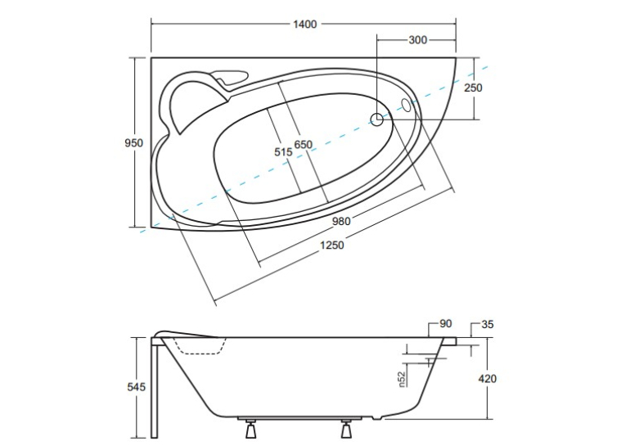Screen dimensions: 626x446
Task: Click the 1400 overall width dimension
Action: (305, 25)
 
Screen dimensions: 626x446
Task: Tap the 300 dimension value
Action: (417, 40)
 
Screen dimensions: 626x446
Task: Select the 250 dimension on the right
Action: (473, 88)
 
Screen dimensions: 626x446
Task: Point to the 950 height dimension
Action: (133, 142)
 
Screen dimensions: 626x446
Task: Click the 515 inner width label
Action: (283, 151)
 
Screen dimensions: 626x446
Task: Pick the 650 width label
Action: (304, 144)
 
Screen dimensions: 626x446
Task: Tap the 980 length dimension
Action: (341, 221)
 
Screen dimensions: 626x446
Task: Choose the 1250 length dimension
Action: (331, 245)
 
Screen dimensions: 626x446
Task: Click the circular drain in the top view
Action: (377, 119)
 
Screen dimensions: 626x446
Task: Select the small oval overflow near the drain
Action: (407, 105)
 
